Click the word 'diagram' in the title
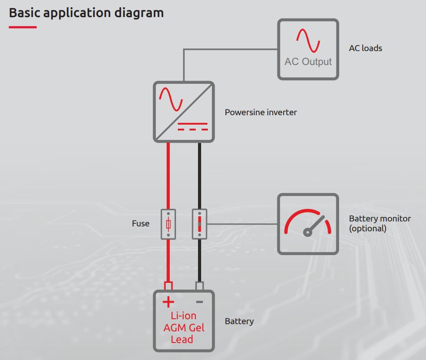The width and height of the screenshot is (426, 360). coord(139,13)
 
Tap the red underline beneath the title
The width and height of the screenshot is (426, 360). coord(22,27)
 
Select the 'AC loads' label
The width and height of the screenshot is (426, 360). coord(366,48)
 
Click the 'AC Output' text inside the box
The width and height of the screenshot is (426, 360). coord(308,62)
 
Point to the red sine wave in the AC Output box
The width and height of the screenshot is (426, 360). coord(308,40)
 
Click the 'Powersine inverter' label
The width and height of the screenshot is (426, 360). coord(261,112)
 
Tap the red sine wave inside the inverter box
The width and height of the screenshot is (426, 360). coord(171,99)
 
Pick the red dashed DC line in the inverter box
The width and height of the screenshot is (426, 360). coord(193,130)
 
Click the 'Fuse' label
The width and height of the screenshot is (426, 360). coord(141,224)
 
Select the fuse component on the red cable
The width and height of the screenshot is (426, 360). coord(168,224)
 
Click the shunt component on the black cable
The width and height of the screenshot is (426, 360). coord(199,224)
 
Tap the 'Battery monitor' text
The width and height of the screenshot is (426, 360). coord(380,219)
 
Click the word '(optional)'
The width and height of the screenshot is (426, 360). coord(368,228)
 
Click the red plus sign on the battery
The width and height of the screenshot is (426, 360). coord(168,302)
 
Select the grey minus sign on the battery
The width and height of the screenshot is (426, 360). coord(199,302)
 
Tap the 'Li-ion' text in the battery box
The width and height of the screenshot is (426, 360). coord(183,316)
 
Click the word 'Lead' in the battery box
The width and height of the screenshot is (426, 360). coord(182,339)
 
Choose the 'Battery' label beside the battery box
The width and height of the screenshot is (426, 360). coord(239,321)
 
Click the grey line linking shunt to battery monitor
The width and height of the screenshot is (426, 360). coord(242,224)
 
